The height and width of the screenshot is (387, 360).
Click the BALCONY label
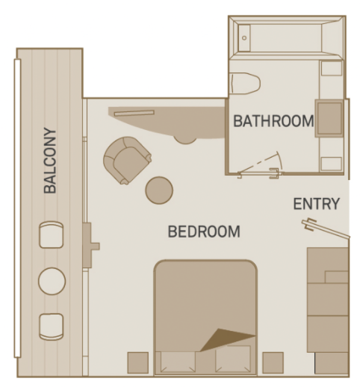pos(50,161)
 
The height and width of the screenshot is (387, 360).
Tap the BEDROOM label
pos(204,232)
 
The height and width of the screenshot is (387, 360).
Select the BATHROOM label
pos(273,121)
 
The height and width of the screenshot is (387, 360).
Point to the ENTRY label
pos(316,204)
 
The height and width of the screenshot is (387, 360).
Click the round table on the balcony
pos(52,281)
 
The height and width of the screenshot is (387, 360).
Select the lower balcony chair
pos(52,326)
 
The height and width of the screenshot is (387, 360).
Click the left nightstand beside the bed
pos(138,362)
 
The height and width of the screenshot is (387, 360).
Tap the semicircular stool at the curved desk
pos(186,139)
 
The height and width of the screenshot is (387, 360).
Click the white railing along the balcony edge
pos(17,208)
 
